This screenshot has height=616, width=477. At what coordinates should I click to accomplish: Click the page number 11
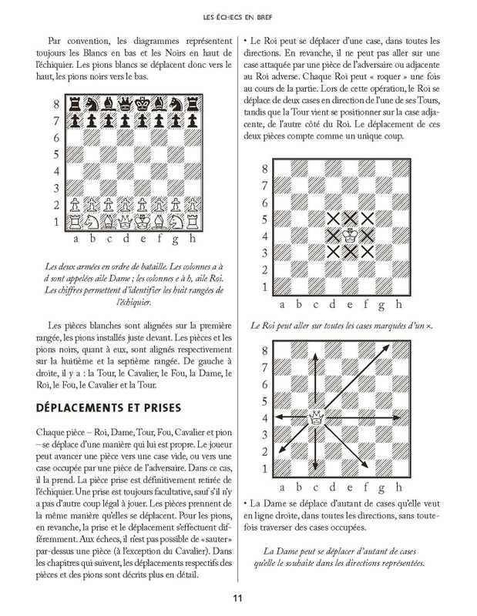pos(238,594)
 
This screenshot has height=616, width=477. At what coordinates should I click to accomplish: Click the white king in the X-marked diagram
pos(350,235)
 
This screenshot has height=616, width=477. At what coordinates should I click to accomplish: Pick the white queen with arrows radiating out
pos(315,418)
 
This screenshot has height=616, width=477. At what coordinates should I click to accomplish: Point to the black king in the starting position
pos(143,104)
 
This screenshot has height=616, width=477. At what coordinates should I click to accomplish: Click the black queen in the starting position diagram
pos(125,104)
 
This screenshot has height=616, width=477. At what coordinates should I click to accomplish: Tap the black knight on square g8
pos(179,104)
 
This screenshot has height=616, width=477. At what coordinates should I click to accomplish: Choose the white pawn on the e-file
pos(143,205)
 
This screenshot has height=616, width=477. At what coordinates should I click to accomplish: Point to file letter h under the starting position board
pos(196,238)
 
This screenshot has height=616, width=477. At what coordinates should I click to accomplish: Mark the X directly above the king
pos(350,219)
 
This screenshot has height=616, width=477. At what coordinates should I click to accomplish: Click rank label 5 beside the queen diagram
pos(264,401)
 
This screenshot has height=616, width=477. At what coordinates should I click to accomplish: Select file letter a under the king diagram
pos(281,303)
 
